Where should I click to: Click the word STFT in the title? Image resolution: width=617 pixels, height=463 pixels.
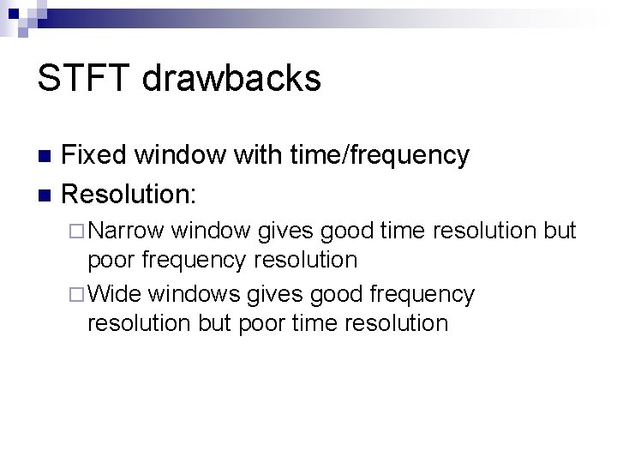click(x=86, y=79)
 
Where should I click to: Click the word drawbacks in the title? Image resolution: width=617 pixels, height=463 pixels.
click(x=232, y=79)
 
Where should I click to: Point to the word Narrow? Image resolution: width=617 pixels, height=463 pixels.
click(x=127, y=231)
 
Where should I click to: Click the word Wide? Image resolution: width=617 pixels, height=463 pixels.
click(x=115, y=294)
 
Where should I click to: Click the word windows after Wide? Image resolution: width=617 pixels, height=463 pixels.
click(x=194, y=294)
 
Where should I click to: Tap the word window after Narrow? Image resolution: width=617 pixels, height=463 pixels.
click(x=209, y=231)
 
